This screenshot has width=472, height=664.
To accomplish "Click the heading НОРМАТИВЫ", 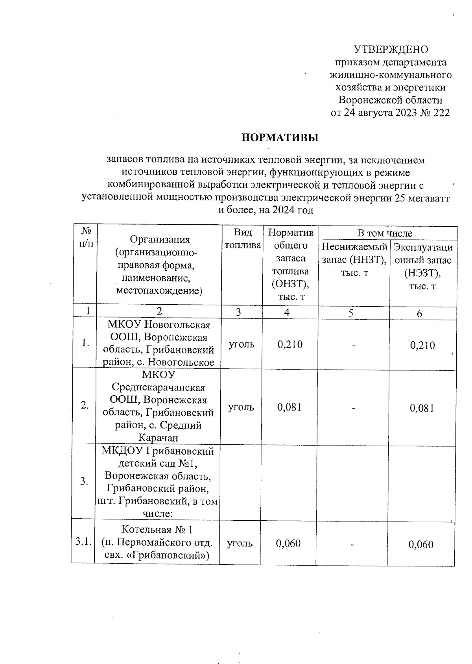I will [x=280, y=138].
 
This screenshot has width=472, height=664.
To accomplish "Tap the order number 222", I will [x=441, y=113].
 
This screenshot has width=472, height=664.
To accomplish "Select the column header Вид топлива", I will [x=242, y=239].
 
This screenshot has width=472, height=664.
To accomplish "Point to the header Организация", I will [x=160, y=239].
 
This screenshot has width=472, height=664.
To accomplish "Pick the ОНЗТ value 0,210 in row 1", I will [x=290, y=344].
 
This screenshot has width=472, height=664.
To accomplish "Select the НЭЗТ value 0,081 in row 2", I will [x=422, y=408].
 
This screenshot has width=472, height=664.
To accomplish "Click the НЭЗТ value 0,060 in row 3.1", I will [x=421, y=544].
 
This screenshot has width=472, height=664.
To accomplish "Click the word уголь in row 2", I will [x=242, y=407].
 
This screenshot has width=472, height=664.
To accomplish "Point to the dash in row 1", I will [x=354, y=345].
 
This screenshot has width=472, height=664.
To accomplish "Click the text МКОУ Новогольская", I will [x=159, y=325].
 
